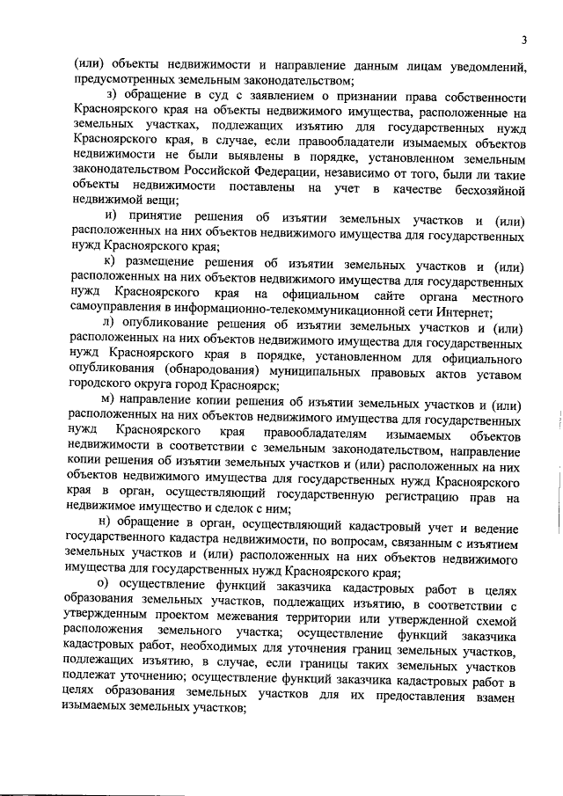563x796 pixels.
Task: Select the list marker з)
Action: (x=110, y=96)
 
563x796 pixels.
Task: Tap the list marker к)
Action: (x=110, y=262)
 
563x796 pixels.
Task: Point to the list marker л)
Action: (x=110, y=329)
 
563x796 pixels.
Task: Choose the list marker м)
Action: (x=109, y=403)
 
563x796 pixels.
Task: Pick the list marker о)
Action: (x=109, y=588)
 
